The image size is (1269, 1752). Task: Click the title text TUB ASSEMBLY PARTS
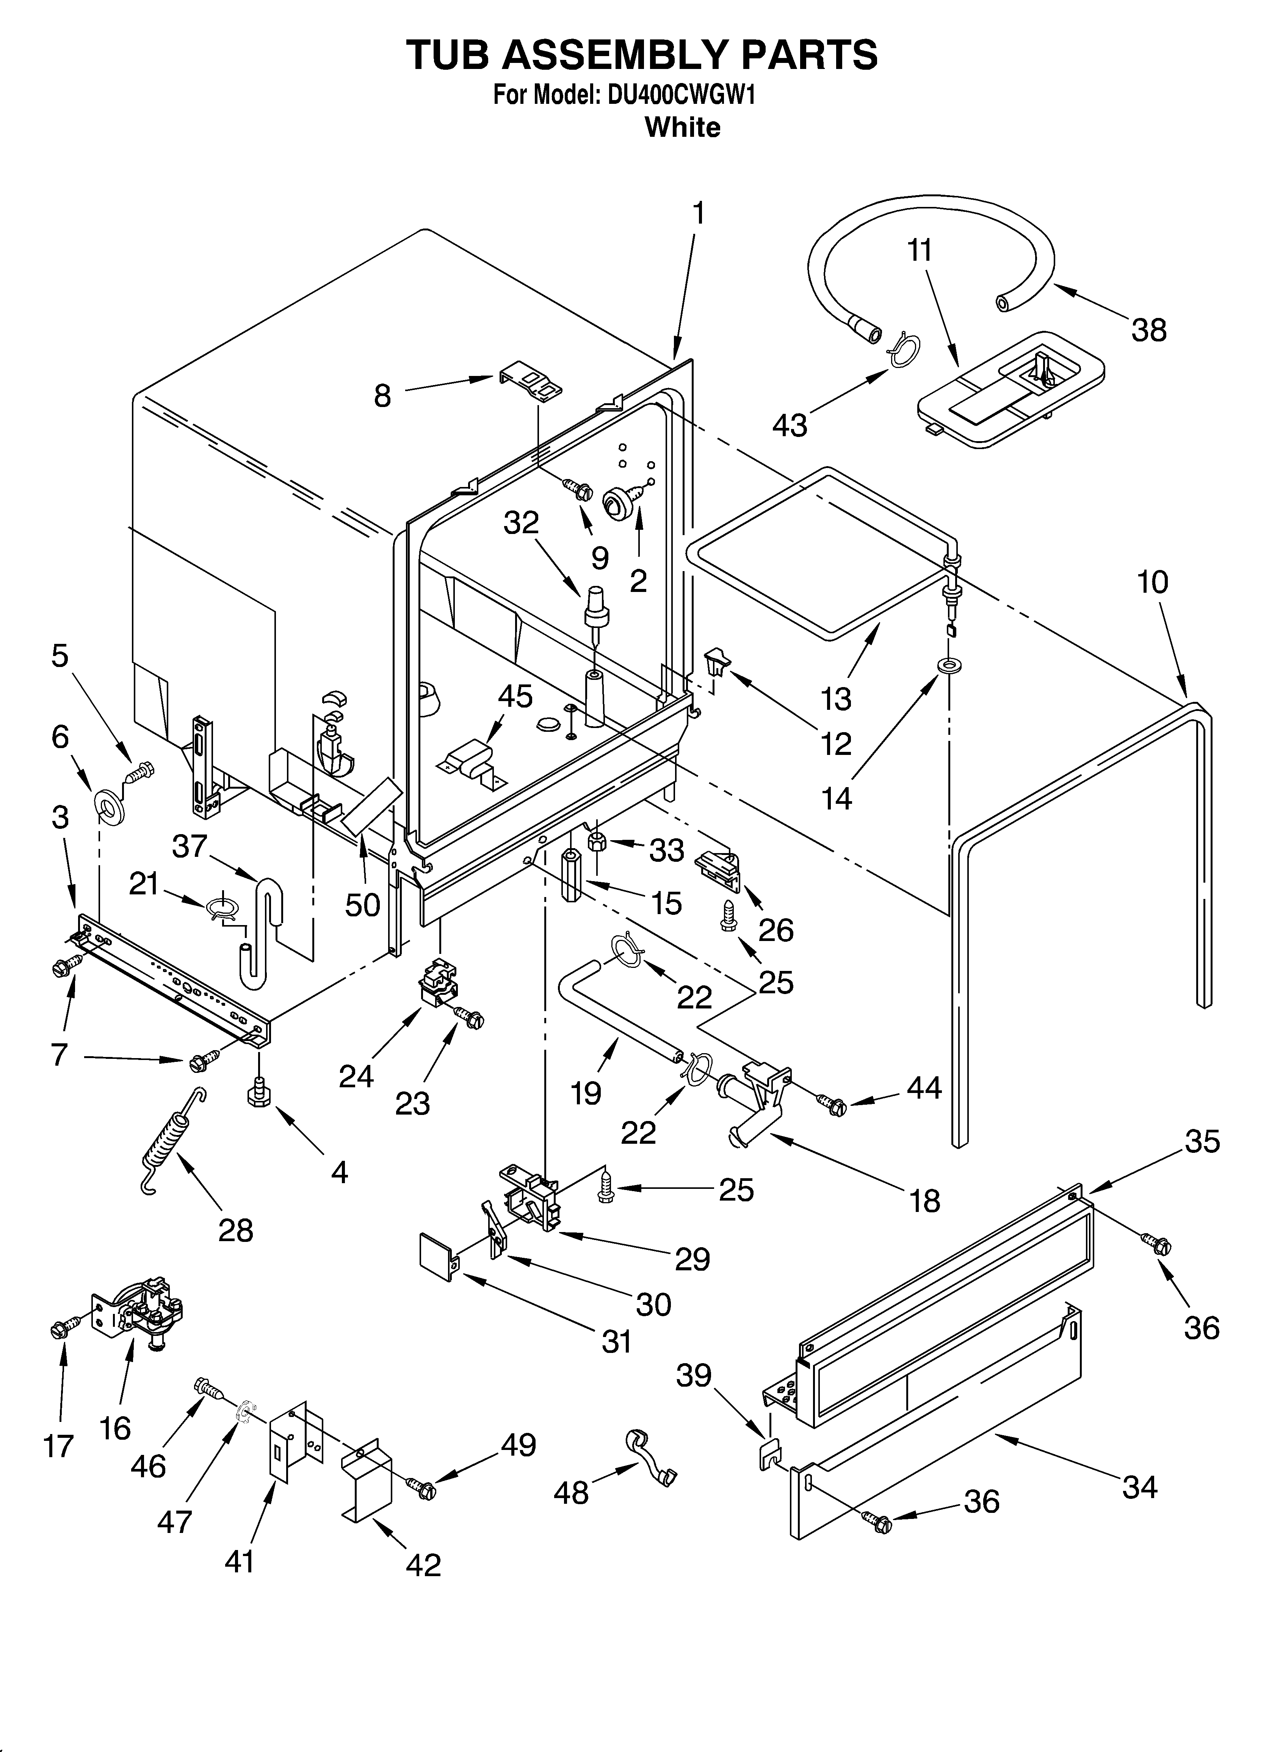641,55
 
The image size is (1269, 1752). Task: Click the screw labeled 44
832,1106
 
